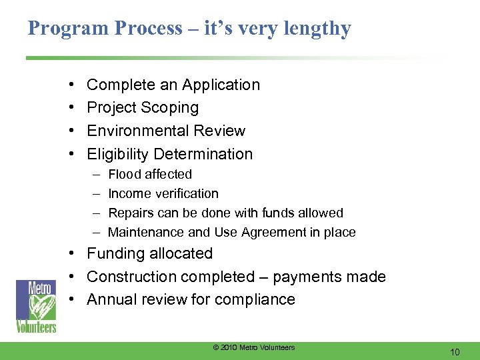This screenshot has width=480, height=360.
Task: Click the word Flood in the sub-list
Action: point(123,175)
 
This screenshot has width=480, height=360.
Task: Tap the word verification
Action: point(186,194)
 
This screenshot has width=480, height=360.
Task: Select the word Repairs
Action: point(129,213)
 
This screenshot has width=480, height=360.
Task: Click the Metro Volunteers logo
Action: point(37,307)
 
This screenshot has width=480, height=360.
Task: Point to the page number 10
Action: point(455,351)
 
